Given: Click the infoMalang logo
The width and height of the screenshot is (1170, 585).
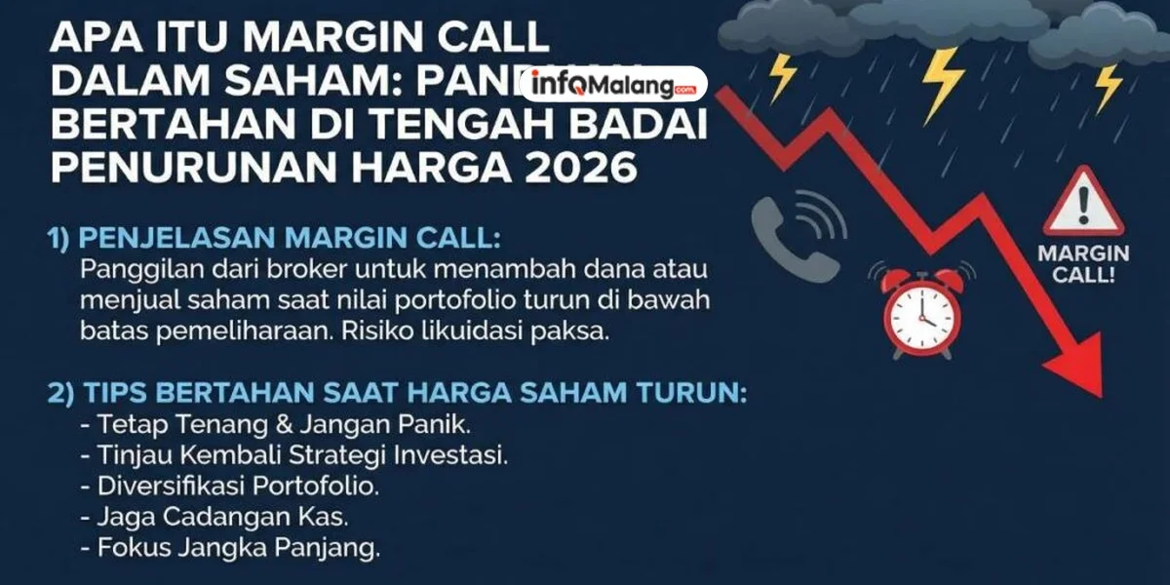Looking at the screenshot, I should tap(614, 85).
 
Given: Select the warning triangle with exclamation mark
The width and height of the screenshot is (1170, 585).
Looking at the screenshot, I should tap(1083, 204).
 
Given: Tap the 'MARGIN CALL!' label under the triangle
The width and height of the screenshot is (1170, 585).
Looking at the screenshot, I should tap(1083, 263).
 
